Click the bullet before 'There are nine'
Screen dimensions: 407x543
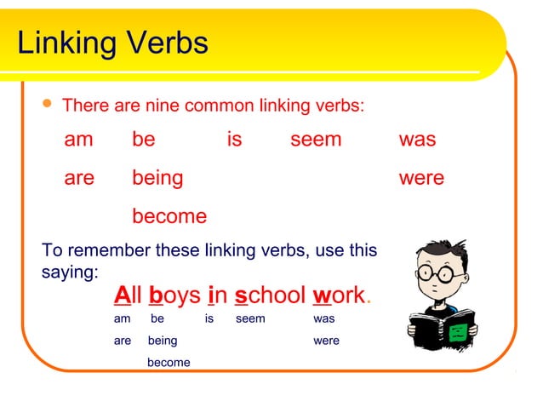[48, 106]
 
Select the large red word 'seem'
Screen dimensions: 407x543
[315, 140]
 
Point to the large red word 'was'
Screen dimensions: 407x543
[417, 140]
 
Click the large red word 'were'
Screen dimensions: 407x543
[421, 178]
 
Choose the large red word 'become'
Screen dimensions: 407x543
[169, 216]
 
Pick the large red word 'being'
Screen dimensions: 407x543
[157, 178]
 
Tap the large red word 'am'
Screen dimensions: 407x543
[78, 140]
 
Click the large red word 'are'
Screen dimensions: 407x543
[79, 178]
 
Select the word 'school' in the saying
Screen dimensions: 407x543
[270, 295]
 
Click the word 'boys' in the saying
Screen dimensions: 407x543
[174, 296]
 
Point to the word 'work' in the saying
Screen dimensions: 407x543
[338, 295]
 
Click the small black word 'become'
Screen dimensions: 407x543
[169, 363]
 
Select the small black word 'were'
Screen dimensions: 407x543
[326, 341]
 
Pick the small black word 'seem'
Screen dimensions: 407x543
[250, 318]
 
